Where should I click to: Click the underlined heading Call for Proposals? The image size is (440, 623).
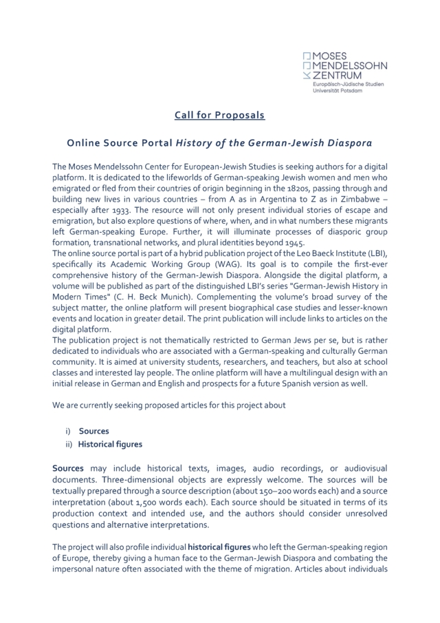(219, 115)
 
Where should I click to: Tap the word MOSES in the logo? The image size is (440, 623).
(332, 55)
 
